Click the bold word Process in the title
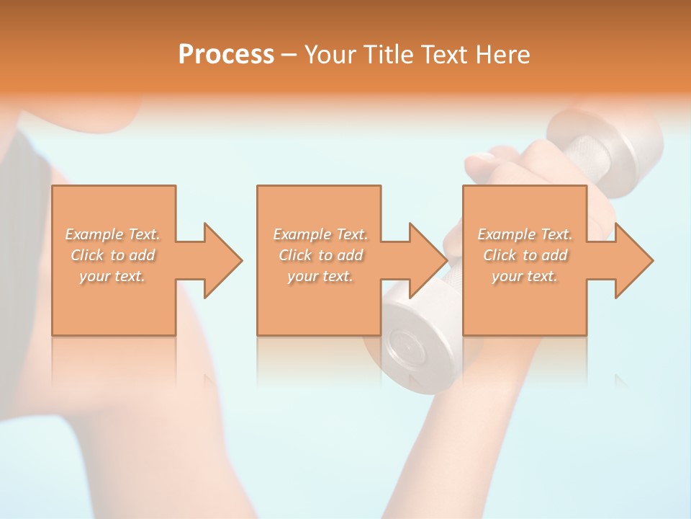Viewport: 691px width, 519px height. pyautogui.click(x=226, y=55)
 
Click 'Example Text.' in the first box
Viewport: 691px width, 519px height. pyautogui.click(x=112, y=234)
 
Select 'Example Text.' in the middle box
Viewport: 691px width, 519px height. pyautogui.click(x=320, y=234)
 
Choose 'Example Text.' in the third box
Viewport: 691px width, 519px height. pyautogui.click(x=525, y=234)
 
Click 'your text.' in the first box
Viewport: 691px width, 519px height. pyautogui.click(x=112, y=276)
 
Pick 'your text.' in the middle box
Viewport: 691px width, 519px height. pyautogui.click(x=320, y=276)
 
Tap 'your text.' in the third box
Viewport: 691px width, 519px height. pyautogui.click(x=525, y=276)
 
